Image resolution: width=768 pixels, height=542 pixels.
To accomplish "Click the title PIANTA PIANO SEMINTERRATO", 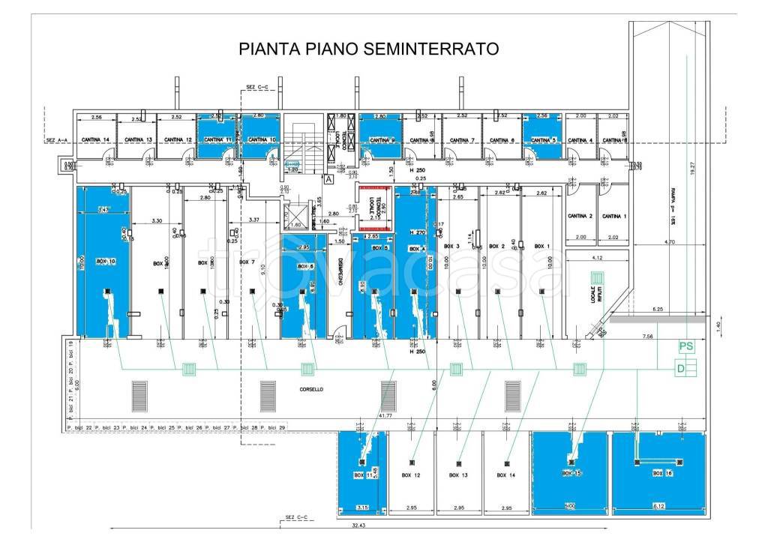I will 368,49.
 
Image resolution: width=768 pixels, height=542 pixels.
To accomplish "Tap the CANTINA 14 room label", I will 96,139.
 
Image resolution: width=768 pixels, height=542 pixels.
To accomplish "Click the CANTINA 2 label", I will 581,216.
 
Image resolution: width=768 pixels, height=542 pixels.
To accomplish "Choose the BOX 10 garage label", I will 105,262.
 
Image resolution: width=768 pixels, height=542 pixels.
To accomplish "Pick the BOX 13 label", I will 454,475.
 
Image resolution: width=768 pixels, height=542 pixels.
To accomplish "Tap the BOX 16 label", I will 662,474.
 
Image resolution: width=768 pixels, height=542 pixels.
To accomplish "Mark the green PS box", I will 685,346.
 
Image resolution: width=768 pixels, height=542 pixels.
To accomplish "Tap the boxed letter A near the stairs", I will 328,179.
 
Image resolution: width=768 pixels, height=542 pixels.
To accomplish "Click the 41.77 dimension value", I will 385,414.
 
